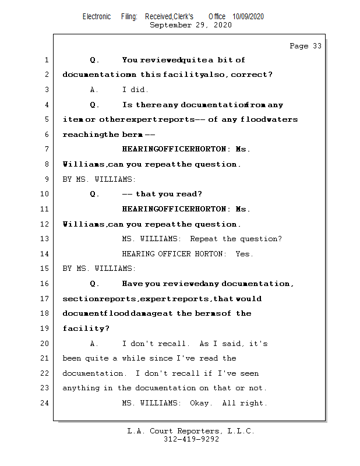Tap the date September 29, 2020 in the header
[x=190, y=25]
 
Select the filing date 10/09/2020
[x=248, y=17]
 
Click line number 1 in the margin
[x=46, y=60]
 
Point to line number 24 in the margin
[x=44, y=403]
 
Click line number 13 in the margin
[x=44, y=239]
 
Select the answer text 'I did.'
[x=135, y=90]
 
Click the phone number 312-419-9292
[x=191, y=440]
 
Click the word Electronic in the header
[x=97, y=17]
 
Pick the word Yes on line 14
[x=244, y=254]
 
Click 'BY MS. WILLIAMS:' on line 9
[x=99, y=179]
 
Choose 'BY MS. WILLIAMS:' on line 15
[x=99, y=269]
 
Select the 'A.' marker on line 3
[x=94, y=90]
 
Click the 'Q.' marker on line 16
[x=94, y=284]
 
